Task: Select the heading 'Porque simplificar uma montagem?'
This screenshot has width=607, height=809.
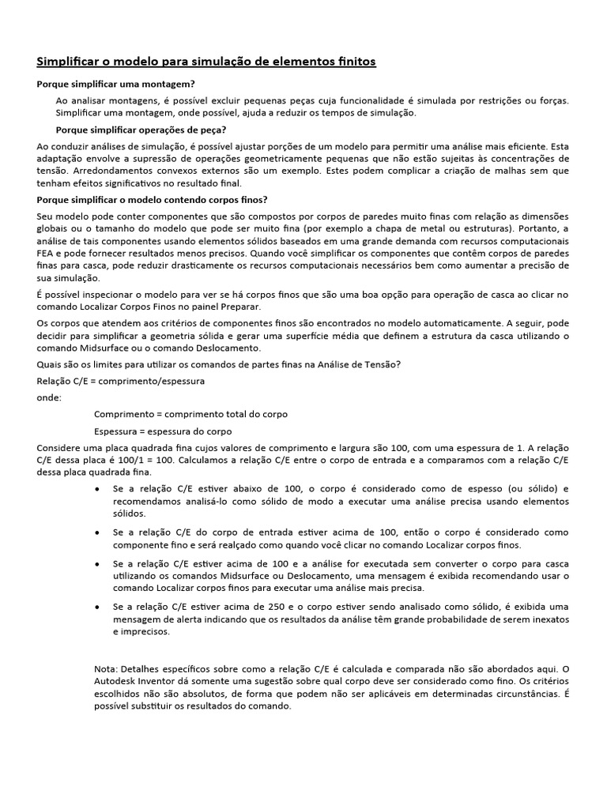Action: click(x=116, y=84)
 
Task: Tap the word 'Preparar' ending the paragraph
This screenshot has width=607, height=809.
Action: click(x=239, y=307)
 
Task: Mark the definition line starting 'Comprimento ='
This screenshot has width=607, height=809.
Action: click(x=190, y=414)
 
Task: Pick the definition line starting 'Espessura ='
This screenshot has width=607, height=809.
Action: click(x=162, y=431)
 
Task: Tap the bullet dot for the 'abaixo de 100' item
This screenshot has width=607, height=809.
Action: click(x=96, y=488)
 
